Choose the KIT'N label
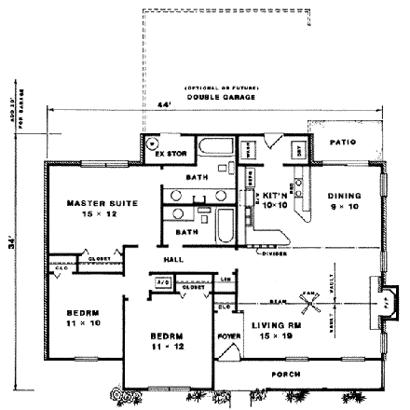point(273,195)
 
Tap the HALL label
point(173,258)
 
